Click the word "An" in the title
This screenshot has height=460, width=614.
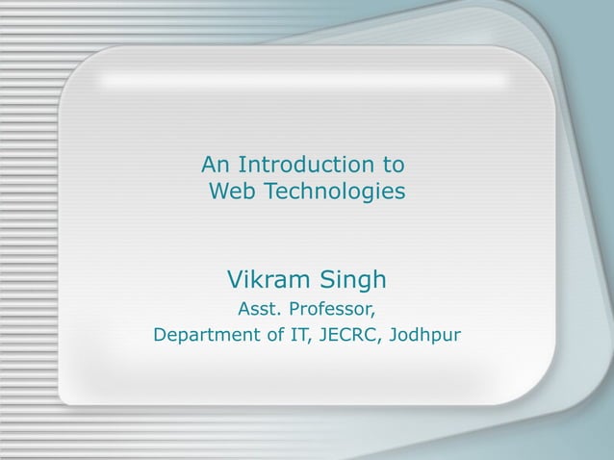pyautogui.click(x=216, y=163)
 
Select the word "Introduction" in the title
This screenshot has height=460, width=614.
pyautogui.click(x=303, y=163)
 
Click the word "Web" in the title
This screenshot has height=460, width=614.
pyautogui.click(x=232, y=193)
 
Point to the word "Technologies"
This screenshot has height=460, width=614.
pyautogui.click(x=334, y=193)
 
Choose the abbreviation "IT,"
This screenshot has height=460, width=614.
pyautogui.click(x=294, y=337)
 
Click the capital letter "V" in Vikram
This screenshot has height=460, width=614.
pyautogui.click(x=234, y=280)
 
